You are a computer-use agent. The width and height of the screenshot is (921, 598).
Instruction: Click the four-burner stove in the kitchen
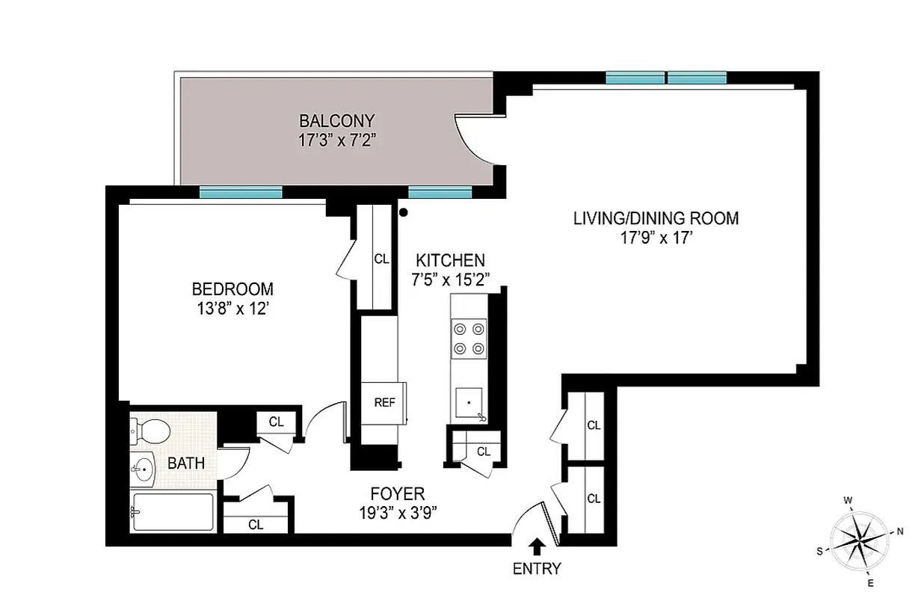tap(469, 338)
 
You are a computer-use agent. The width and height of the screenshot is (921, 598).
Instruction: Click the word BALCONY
tap(336, 120)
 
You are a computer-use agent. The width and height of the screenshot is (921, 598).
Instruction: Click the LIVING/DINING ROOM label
tap(656, 219)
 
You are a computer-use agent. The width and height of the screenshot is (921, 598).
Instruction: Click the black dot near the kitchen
tap(404, 213)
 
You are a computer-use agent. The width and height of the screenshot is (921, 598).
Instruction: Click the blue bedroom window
tap(241, 193)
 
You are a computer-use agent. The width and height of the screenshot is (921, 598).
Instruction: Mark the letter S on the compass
tap(820, 551)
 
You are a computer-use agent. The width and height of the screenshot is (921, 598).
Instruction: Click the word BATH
tap(186, 463)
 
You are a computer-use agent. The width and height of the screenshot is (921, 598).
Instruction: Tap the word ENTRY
tap(537, 569)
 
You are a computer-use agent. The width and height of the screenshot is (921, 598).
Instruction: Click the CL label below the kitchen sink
tap(483, 451)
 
